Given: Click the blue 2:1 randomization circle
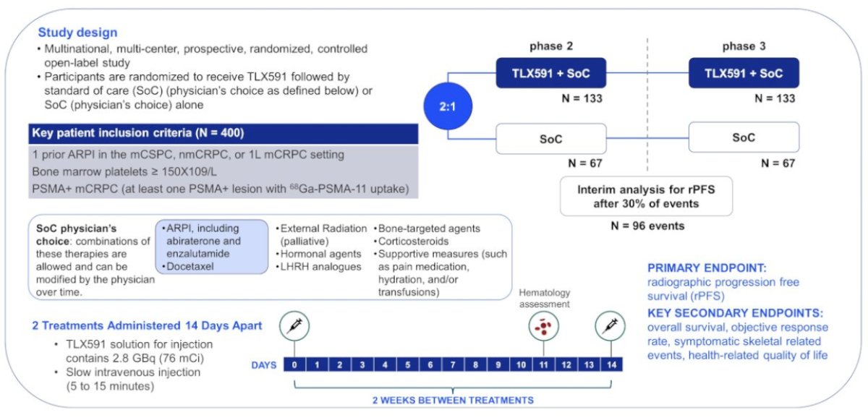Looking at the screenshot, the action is [448, 106].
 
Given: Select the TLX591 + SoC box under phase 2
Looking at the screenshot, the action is [551, 73].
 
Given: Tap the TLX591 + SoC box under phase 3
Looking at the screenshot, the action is [744, 73].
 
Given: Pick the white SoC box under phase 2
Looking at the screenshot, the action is [551, 139].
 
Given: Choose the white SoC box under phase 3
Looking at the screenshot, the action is [744, 137].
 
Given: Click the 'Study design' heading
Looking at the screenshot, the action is [77, 32].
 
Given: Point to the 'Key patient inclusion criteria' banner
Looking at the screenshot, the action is [224, 133].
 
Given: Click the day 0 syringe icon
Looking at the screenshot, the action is [294, 326].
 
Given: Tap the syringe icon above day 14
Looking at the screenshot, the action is [610, 326].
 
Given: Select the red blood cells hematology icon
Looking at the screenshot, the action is [544, 327].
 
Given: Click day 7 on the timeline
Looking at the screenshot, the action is [453, 364].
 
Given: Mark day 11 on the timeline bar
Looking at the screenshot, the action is [543, 364].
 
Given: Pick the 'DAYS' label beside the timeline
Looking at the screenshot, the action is [264, 365].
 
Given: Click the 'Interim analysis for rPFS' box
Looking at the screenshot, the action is [646, 197].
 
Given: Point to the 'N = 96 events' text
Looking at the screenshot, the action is [647, 226].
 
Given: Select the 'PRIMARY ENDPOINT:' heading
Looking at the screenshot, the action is [707, 268].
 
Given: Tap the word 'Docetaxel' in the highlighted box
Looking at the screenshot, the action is [190, 267].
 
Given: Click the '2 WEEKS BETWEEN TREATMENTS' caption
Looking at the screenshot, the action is [453, 400].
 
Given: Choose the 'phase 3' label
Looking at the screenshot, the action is [744, 46].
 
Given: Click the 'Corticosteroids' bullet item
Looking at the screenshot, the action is [413, 242].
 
